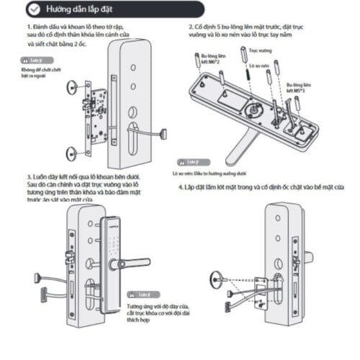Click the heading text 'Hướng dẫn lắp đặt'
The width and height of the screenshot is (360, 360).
coord(77,9)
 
